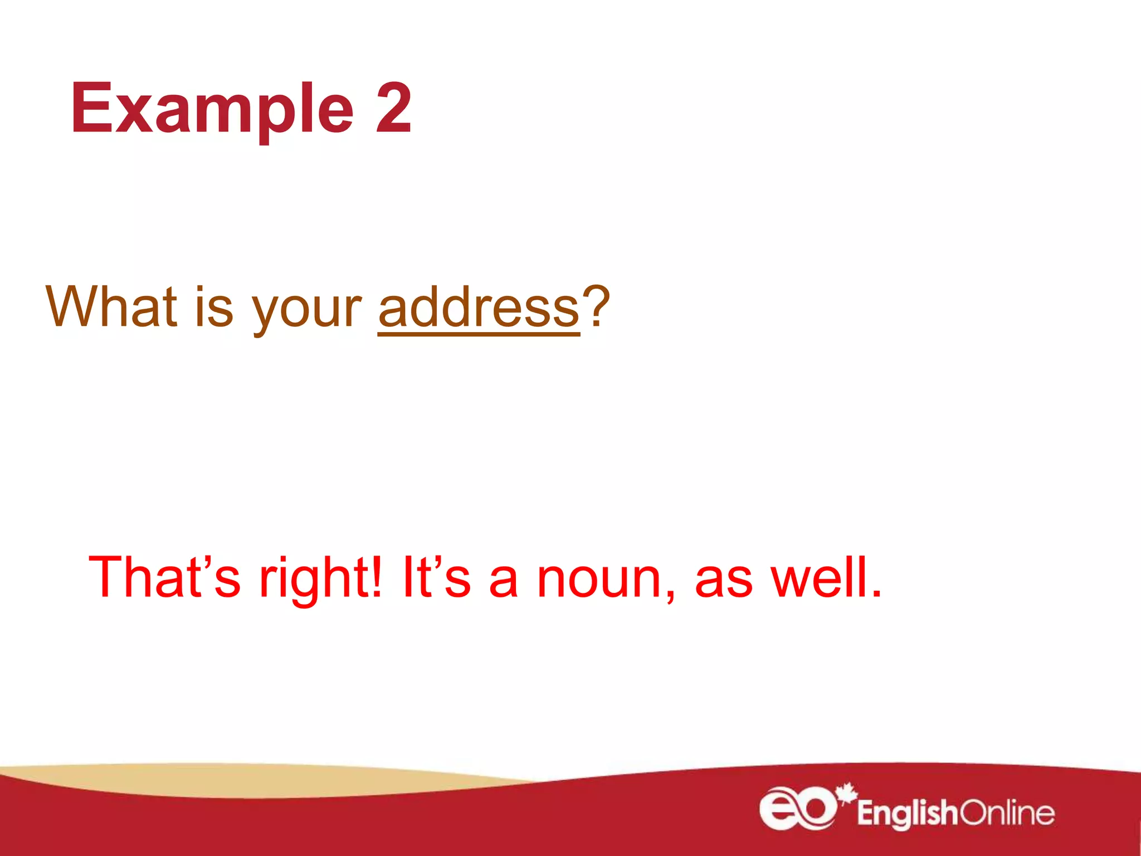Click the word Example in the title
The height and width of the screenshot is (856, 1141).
[212, 109]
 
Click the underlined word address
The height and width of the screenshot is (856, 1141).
[479, 308]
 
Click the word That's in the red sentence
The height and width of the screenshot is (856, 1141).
[164, 577]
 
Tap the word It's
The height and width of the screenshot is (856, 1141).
[436, 577]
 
